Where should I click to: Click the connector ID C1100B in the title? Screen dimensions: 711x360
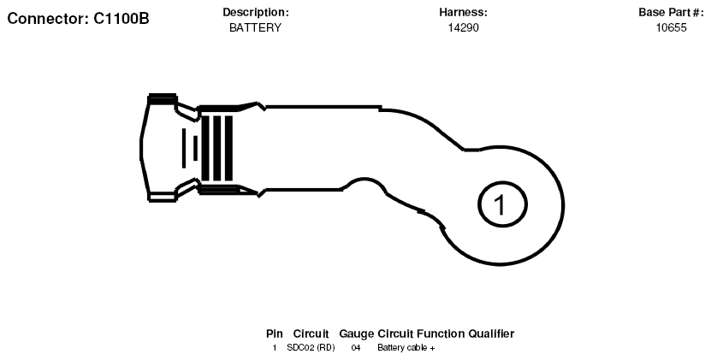[121, 19]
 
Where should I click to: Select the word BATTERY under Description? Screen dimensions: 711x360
[255, 27]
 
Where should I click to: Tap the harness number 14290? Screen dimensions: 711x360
[463, 27]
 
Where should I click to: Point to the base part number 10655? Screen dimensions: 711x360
[671, 27]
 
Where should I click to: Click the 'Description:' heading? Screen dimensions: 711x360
[255, 13]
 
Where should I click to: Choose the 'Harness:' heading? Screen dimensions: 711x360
[463, 13]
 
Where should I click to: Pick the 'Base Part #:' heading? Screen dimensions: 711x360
[671, 12]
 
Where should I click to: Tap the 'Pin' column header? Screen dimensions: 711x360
[275, 333]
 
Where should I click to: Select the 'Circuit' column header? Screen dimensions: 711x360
[311, 333]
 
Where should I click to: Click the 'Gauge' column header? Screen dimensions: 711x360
[357, 333]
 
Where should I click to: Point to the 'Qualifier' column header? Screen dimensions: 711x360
[491, 333]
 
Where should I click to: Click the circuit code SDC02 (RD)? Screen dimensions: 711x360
[311, 348]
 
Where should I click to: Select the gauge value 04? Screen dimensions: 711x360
[356, 348]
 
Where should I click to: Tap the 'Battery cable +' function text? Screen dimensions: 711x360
[406, 348]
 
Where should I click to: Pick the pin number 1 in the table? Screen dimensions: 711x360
[275, 348]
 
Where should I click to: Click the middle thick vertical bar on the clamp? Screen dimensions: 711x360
[217, 148]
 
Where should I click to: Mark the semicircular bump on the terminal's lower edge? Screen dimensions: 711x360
[365, 180]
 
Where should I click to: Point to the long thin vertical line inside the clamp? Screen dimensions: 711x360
[184, 148]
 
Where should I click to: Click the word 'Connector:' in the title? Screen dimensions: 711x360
[49, 19]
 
